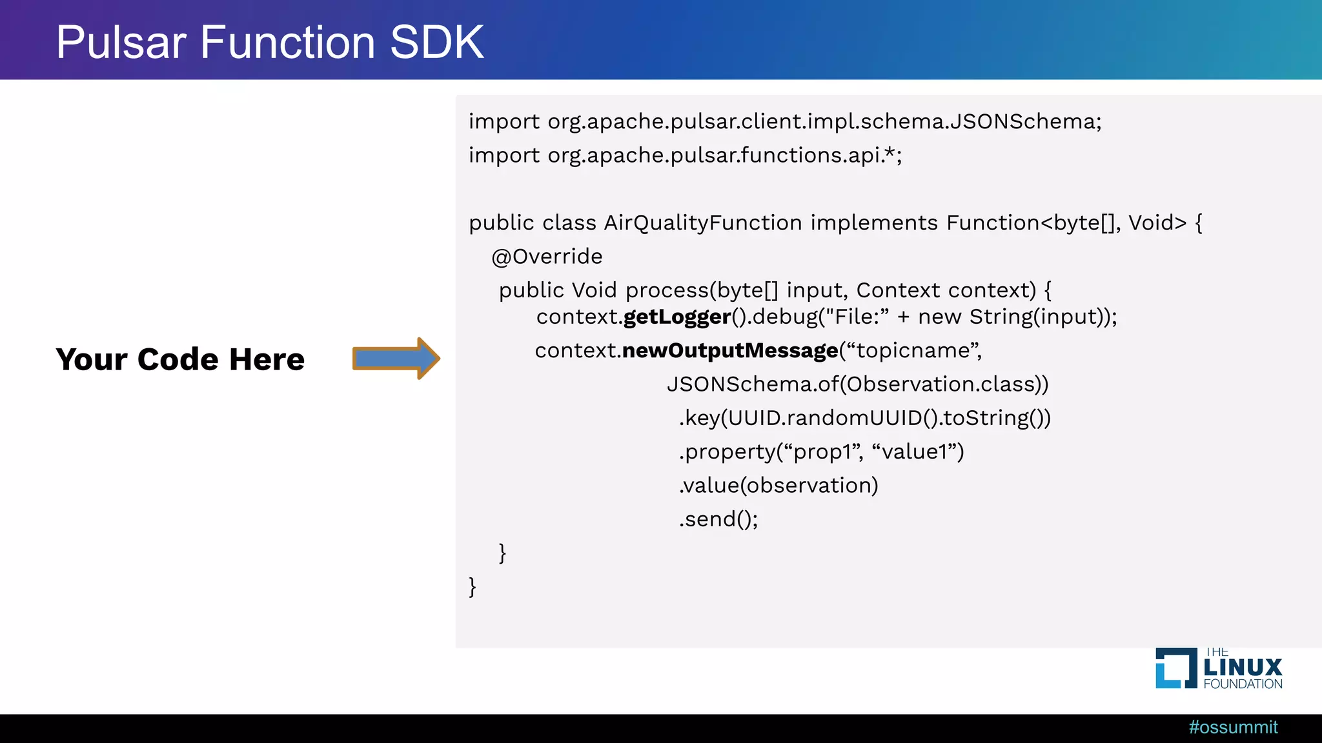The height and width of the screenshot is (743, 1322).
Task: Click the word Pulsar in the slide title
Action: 121,43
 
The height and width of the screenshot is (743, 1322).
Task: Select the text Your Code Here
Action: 180,359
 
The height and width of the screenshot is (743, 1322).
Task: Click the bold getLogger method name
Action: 677,317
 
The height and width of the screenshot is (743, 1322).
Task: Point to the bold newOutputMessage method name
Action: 730,350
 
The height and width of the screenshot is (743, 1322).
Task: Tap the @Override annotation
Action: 547,257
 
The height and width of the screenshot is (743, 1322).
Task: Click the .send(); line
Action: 718,519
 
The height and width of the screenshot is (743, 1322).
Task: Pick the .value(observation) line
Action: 778,485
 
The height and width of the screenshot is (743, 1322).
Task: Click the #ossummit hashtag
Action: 1233,728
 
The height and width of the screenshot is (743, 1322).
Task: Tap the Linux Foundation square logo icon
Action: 1175,668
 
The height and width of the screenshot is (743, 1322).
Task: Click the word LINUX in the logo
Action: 1243,668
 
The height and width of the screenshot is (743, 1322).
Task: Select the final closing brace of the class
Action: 473,587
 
